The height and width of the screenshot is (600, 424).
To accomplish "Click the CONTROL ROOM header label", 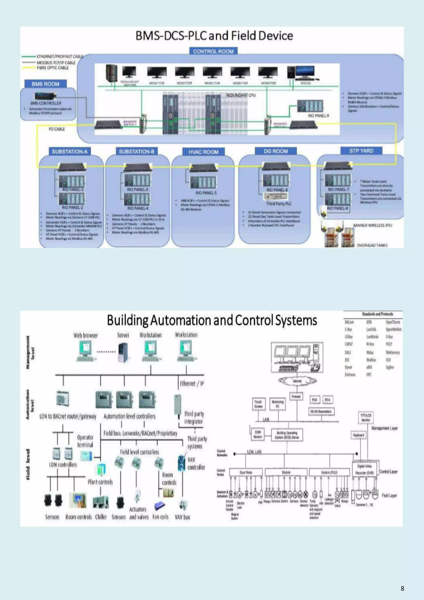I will pyautogui.click(x=213, y=51).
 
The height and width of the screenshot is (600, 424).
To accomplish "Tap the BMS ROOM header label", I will pyautogui.click(x=46, y=84).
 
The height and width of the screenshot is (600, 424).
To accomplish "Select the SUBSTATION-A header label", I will pyautogui.click(x=70, y=152).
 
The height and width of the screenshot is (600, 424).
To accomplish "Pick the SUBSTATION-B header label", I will pyautogui.click(x=137, y=152).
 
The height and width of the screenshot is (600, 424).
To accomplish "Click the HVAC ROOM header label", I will pyautogui.click(x=203, y=152).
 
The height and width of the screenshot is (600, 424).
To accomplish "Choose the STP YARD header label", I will pyautogui.click(x=361, y=151).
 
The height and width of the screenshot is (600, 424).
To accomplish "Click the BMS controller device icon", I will pyautogui.click(x=46, y=96).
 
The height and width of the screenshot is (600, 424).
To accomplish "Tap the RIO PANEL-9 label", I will pyautogui.click(x=318, y=116).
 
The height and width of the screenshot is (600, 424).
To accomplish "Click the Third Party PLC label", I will pyautogui.click(x=279, y=204).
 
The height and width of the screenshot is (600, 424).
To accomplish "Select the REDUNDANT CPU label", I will pyautogui.click(x=241, y=95).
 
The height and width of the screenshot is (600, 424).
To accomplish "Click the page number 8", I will pyautogui.click(x=402, y=588).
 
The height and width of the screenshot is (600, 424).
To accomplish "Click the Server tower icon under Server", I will pyautogui.click(x=123, y=353).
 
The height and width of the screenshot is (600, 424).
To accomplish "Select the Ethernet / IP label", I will pyautogui.click(x=192, y=384).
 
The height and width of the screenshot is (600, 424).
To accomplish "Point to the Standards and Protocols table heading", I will pyautogui.click(x=377, y=314).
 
